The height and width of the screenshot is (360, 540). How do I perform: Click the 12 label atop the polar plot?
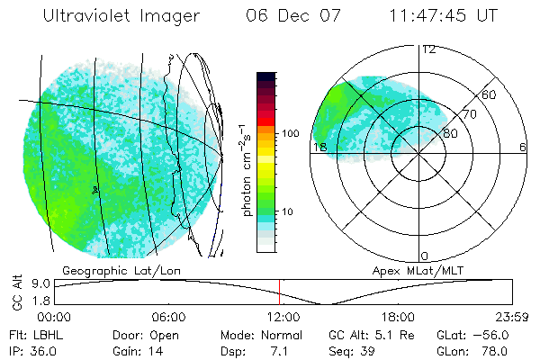(429, 49)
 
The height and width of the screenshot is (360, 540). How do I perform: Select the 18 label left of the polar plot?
(319, 148)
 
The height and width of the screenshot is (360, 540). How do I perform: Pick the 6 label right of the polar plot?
(523, 148)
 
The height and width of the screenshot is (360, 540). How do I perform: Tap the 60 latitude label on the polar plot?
(490, 94)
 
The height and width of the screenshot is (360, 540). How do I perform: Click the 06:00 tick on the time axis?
(168, 317)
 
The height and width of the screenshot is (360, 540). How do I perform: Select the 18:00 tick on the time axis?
(398, 317)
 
